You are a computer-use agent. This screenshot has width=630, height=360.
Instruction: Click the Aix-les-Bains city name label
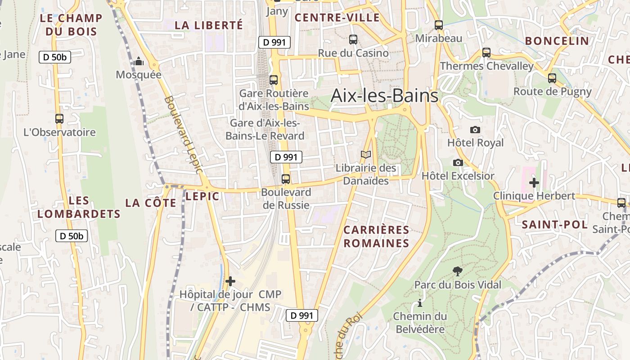click(384, 95)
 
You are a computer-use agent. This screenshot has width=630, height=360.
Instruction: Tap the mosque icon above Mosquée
click(139, 61)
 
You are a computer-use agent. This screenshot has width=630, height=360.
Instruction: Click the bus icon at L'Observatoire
click(59, 119)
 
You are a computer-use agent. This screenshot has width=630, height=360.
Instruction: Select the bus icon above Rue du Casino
click(353, 40)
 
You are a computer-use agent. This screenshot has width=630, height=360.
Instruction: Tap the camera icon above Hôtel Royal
click(475, 130)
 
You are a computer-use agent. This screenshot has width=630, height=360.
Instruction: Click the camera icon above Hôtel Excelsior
click(458, 162)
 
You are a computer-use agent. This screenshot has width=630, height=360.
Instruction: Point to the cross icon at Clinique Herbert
click(534, 183)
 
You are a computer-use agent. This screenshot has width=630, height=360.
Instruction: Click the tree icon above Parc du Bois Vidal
click(458, 271)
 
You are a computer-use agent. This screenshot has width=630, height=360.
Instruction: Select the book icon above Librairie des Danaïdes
click(366, 155)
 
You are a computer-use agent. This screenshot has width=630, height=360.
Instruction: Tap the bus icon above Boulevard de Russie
click(286, 179)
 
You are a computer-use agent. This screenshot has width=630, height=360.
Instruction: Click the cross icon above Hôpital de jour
click(230, 281)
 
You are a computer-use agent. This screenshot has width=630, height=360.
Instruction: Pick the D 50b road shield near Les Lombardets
click(72, 236)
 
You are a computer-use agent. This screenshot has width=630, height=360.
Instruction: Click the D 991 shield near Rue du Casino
click(274, 42)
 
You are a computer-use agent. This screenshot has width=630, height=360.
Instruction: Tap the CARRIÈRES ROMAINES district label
click(376, 237)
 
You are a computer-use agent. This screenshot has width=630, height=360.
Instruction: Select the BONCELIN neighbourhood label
click(557, 41)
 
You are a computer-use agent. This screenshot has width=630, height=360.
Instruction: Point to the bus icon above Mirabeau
click(439, 25)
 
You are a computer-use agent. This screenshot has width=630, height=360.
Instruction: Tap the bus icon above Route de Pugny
click(552, 78)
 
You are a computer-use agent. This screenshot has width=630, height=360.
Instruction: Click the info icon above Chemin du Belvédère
click(420, 303)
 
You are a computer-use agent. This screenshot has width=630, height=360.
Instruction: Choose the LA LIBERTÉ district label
click(208, 25)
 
